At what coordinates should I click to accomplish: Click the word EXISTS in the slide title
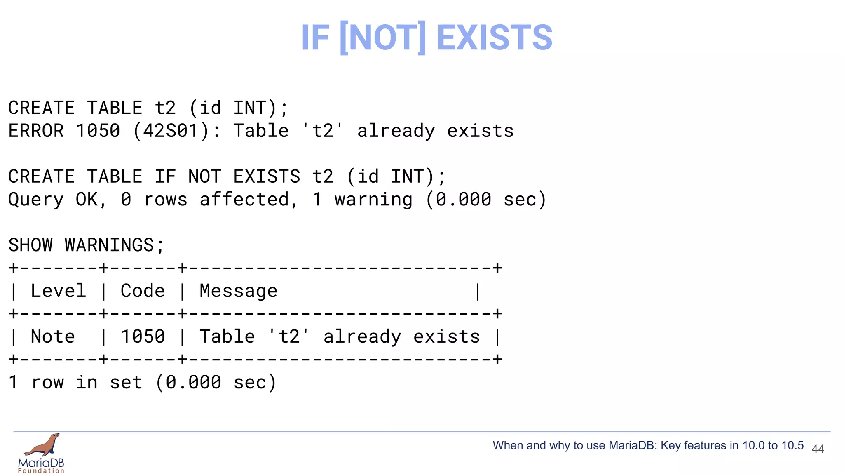tap(494, 38)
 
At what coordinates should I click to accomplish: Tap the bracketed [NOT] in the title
tap(383, 38)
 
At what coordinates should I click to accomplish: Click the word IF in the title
tap(315, 38)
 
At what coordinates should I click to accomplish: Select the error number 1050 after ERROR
tap(98, 131)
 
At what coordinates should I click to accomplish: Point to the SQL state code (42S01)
tap(171, 131)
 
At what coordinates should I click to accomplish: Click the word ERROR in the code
tap(36, 131)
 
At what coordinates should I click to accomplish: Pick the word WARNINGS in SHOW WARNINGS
tap(109, 245)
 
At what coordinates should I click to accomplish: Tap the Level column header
tap(59, 291)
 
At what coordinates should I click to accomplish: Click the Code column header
tap(143, 291)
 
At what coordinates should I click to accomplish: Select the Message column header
tap(239, 291)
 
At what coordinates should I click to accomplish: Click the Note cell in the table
tap(53, 337)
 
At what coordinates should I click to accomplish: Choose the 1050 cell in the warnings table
tap(143, 337)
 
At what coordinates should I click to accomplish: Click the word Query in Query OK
tap(36, 200)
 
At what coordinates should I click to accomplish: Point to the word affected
tap(244, 200)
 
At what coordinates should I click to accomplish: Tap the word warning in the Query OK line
tap(373, 200)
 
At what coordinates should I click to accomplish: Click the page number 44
tap(818, 449)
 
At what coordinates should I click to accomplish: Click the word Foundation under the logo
tap(41, 471)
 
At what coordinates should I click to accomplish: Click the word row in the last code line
tap(48, 383)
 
